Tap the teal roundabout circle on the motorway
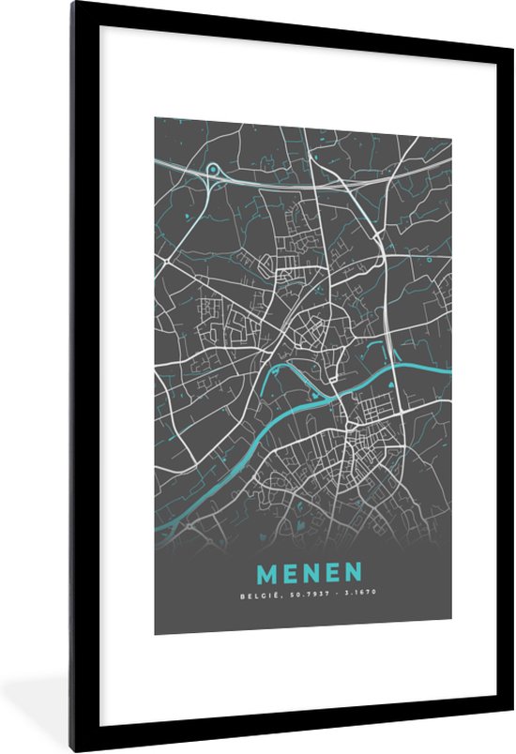(x=213, y=170)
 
